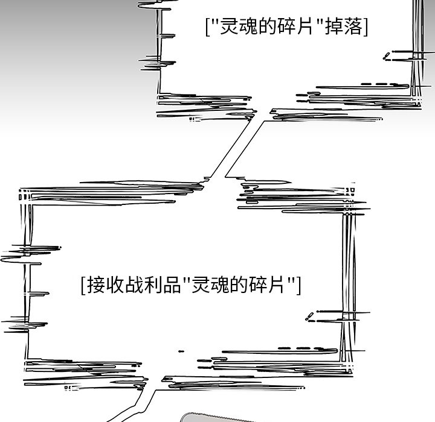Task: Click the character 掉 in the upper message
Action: point(333,27)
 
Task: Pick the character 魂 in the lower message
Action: point(219,284)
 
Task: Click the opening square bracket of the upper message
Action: point(207,27)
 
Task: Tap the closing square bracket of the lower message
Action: point(298,285)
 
